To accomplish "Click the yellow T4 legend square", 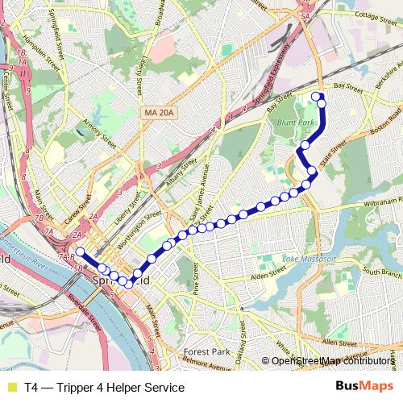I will pyautogui.click(x=10, y=388).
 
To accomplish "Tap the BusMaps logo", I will pyautogui.click(x=365, y=387).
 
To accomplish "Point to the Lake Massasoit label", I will pyautogui.click(x=307, y=260).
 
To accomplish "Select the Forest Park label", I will pyautogui.click(x=207, y=352).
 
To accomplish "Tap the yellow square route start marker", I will pyautogui.click(x=80, y=251).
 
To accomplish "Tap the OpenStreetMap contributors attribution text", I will pyautogui.click(x=334, y=360).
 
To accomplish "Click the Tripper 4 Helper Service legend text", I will pyautogui.click(x=105, y=388).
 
